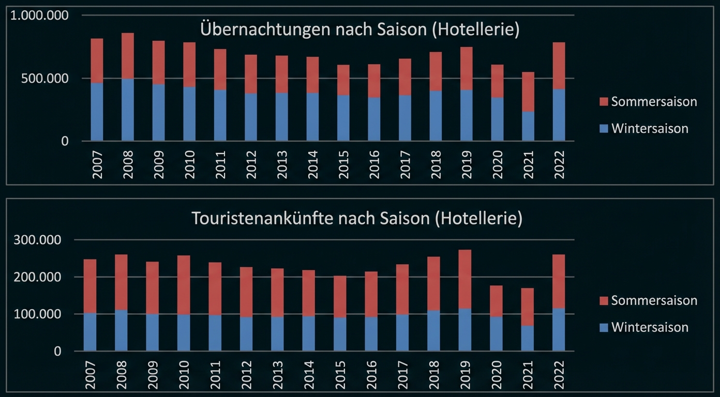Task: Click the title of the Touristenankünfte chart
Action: (357, 219)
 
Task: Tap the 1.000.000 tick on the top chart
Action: (39, 16)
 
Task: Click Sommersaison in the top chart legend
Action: (654, 102)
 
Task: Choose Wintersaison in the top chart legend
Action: (650, 129)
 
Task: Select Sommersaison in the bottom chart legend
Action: (654, 301)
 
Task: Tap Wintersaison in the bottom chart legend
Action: (650, 328)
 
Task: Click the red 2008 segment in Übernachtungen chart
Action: (128, 56)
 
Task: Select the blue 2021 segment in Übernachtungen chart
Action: (528, 126)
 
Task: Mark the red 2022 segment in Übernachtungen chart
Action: (559, 66)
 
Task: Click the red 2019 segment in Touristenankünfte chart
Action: (464, 279)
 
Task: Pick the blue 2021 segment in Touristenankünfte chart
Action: (527, 338)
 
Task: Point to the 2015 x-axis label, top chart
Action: (344, 164)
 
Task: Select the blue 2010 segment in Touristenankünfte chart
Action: (184, 332)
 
